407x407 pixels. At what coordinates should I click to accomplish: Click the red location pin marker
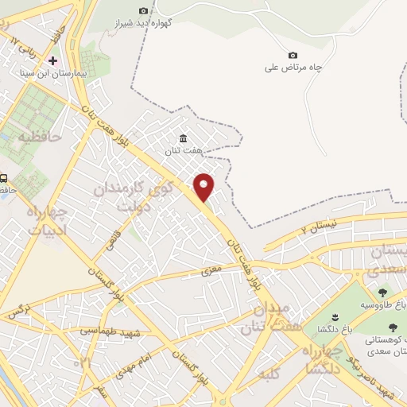204,186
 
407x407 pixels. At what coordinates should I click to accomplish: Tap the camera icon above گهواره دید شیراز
143,10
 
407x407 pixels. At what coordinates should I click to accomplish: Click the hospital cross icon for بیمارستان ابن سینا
53,60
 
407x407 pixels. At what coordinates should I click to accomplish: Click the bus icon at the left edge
4,178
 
